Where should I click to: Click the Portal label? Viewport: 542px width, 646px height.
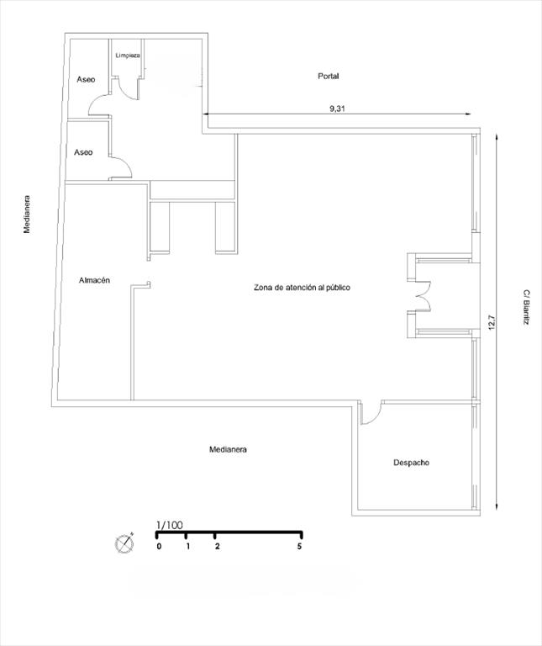(328, 77)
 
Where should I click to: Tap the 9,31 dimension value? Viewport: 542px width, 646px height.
(337, 109)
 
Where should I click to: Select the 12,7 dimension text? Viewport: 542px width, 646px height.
(491, 323)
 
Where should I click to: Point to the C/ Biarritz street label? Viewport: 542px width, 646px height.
(526, 307)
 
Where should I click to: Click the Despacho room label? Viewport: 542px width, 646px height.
(411, 463)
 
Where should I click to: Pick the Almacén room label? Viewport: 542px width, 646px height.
(94, 280)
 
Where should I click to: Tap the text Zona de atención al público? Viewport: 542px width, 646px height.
(302, 288)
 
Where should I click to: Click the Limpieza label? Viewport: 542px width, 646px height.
(128, 56)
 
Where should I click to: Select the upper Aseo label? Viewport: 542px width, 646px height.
(86, 80)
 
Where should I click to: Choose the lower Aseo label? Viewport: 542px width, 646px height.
(83, 152)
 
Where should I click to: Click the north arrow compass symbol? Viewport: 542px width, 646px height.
(124, 543)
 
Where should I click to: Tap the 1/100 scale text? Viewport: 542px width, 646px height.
(170, 525)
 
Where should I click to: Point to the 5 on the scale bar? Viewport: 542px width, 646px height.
(300, 546)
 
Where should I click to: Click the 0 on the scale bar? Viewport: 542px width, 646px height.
(159, 546)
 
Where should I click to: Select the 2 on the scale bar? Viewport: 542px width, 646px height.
(217, 546)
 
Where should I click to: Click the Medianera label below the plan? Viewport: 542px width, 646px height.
(228, 449)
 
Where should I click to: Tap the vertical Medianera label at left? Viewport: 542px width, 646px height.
(27, 214)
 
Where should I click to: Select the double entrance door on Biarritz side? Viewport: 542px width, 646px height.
(423, 296)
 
